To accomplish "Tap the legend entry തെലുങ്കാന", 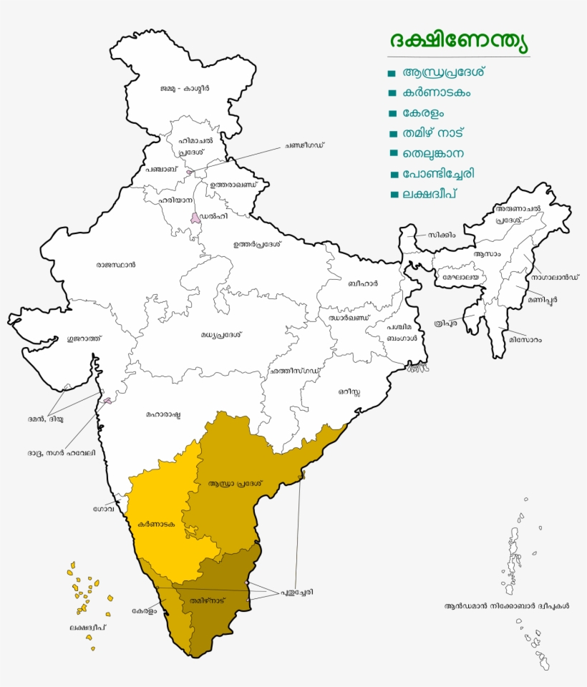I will coord(434,153).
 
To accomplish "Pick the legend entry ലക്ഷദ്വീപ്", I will coord(430,194).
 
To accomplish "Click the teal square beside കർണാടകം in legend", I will coord(392,93).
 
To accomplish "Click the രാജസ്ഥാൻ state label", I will coord(116,265).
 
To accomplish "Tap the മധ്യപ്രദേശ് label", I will coord(222,334).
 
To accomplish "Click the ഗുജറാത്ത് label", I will coord(84,338).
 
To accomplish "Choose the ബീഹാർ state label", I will coord(363,283).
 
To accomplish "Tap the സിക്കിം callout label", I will coord(442,234).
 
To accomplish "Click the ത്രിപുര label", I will coord(445,323).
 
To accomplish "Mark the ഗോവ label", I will coord(104,510).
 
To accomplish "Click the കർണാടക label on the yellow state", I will coord(157,524).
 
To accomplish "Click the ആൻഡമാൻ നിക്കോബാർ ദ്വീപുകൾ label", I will coord(507,605).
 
